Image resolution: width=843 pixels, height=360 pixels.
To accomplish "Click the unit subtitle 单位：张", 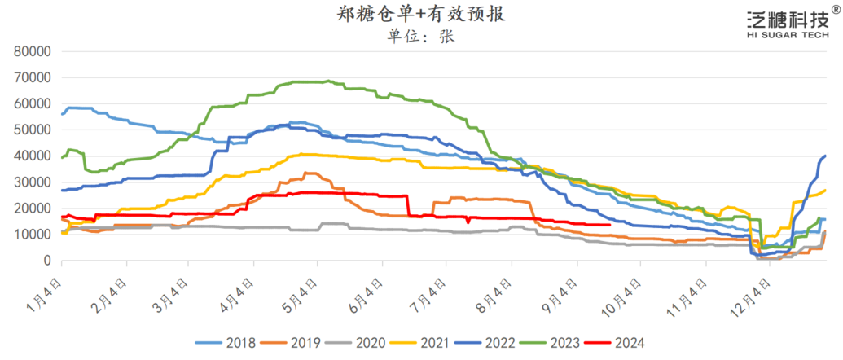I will click(x=422, y=36).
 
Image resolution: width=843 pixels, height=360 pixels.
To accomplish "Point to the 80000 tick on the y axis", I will click(x=33, y=51).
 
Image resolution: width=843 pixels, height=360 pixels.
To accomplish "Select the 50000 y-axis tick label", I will click(x=33, y=130).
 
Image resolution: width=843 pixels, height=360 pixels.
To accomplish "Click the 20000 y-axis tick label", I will click(x=33, y=209).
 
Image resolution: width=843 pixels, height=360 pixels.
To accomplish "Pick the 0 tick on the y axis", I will click(x=47, y=261).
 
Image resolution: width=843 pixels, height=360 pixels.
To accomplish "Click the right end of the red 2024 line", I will click(x=610, y=225).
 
